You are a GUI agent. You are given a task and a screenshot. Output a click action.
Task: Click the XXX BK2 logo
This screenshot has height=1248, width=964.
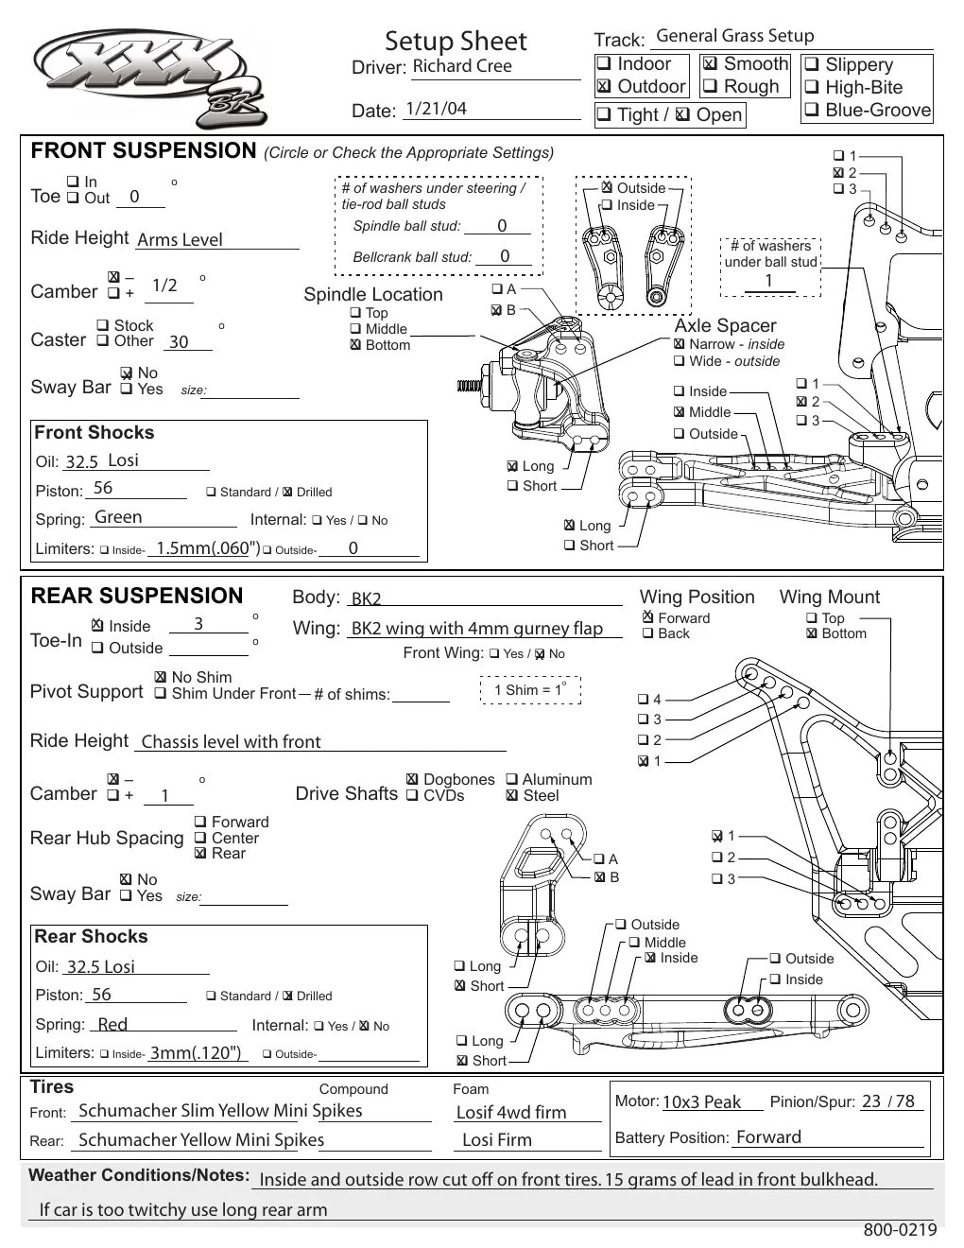(x=150, y=78)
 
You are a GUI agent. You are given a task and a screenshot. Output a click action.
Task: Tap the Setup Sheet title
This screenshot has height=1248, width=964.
(x=456, y=42)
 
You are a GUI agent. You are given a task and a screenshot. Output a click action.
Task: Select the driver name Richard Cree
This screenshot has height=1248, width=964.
(x=461, y=66)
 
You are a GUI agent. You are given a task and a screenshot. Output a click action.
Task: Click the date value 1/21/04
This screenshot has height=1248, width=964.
(x=436, y=109)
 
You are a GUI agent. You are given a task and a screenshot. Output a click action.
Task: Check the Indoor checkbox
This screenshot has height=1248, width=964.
(x=603, y=62)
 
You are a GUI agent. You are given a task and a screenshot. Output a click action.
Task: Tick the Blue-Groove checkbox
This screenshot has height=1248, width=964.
(x=811, y=109)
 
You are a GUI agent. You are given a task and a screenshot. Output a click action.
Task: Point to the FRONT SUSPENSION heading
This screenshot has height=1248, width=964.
(x=144, y=150)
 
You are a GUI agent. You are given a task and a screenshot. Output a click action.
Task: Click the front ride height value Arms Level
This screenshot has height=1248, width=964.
(x=180, y=239)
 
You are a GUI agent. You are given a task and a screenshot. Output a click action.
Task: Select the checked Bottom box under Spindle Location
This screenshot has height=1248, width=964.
(x=356, y=344)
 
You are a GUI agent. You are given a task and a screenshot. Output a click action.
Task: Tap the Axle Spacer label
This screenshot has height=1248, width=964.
(x=725, y=325)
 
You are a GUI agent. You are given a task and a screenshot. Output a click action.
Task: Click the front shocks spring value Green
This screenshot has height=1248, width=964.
(x=118, y=517)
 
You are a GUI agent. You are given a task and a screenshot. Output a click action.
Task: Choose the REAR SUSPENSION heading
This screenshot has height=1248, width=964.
(x=137, y=596)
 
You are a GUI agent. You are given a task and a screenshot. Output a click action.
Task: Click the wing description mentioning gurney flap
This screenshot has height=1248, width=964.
(x=476, y=629)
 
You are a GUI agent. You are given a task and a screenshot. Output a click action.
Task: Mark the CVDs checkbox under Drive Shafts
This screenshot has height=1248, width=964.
(x=412, y=795)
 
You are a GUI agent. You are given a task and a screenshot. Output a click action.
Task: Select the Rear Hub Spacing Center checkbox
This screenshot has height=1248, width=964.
(x=199, y=838)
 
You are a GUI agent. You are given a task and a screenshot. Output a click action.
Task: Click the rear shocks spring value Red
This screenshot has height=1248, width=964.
(x=112, y=1024)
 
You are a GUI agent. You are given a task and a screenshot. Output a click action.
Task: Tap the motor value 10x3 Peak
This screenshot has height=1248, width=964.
(x=701, y=1101)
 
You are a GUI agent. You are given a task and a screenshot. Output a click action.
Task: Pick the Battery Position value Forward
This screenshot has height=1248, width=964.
(x=768, y=1137)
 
